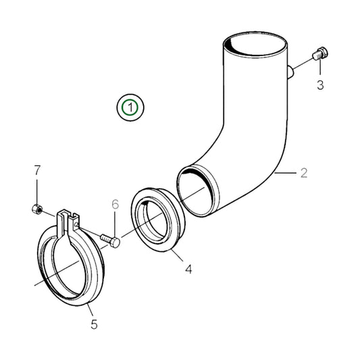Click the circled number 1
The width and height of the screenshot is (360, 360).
pos(129,107)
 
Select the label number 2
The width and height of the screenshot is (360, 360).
pos(304,173)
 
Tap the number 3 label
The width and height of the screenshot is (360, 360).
pos(320,84)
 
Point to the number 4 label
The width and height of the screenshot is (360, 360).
pos(188,269)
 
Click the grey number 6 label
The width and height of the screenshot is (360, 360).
pos(115,204)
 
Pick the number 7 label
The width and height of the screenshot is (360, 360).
pos(38,169)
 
